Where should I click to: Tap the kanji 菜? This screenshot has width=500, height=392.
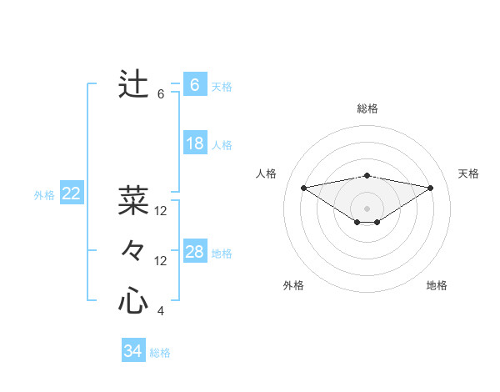[x=133, y=201]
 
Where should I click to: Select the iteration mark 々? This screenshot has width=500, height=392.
[x=133, y=250]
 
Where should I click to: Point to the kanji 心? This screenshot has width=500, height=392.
[x=133, y=300]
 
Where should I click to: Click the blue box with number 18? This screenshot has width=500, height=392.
[x=195, y=143]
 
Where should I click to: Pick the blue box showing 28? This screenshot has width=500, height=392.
[x=195, y=252]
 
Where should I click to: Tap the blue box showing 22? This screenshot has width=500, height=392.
[x=72, y=194]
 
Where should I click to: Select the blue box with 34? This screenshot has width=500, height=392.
[x=133, y=351]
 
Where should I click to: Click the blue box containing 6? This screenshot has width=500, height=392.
[x=195, y=85]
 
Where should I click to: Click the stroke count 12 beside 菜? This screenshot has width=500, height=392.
[x=161, y=211]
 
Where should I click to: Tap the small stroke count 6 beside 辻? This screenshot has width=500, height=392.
[x=161, y=94]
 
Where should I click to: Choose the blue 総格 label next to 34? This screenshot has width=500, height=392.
[x=160, y=353]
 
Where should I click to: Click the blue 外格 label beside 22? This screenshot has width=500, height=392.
[x=44, y=195]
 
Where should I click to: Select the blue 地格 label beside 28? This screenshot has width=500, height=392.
[x=222, y=253]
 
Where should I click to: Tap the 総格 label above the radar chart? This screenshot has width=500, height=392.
[x=367, y=108]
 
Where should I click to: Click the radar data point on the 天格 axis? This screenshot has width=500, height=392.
[x=431, y=188]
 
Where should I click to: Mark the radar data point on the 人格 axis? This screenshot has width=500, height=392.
[x=303, y=187]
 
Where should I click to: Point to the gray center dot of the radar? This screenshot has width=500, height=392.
[x=367, y=208]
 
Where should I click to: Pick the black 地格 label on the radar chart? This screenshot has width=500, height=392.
[x=437, y=285]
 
